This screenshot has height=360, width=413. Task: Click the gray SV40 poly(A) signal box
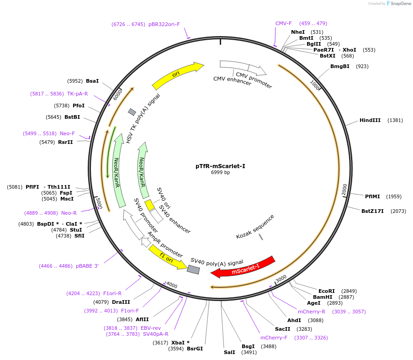[193, 270]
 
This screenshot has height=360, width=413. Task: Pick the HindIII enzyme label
[370, 120]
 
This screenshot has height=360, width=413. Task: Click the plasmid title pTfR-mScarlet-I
[220, 166]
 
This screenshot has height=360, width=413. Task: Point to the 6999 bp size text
[220, 173]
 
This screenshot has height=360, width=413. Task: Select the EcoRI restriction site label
[327, 291]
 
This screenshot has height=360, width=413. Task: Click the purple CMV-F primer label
[283, 23]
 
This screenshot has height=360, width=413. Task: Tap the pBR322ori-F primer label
[164, 24]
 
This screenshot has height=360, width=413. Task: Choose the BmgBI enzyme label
[339, 66]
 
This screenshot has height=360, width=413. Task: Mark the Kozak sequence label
[255, 227]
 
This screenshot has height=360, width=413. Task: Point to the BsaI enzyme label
[92, 81]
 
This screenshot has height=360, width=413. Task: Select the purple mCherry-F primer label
[274, 338]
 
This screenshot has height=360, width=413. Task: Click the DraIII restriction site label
[121, 302]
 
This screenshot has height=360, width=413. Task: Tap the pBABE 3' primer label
[87, 266]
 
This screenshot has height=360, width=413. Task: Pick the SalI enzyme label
[229, 352]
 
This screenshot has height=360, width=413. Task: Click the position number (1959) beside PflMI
[394, 196]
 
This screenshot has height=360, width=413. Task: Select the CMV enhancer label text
[232, 81]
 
